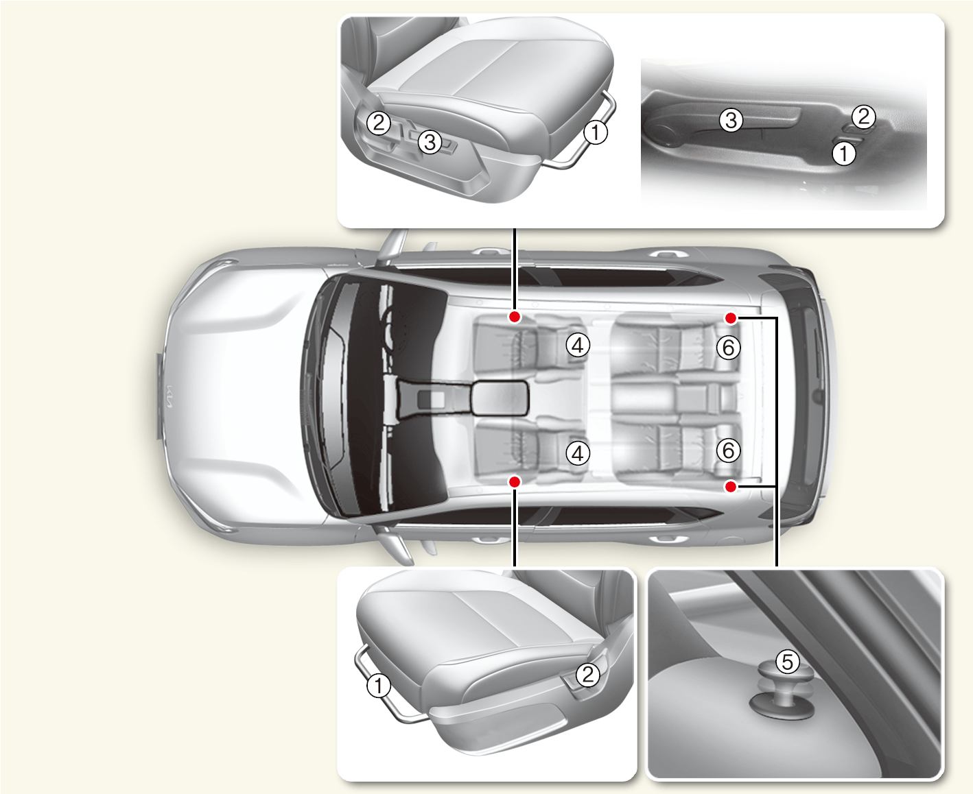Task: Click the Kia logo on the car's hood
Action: [169, 396]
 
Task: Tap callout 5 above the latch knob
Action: [788, 662]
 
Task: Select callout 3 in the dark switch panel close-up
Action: [731, 121]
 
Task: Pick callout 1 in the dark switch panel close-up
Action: [844, 153]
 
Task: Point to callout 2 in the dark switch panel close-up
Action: [864, 116]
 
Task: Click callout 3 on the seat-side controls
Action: [430, 142]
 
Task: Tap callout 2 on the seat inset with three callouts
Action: [378, 123]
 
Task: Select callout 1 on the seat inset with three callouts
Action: [596, 133]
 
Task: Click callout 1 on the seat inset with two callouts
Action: [378, 686]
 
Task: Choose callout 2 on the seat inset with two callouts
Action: [588, 675]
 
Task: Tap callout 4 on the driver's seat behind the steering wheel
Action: [578, 346]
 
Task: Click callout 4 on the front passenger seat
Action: [578, 454]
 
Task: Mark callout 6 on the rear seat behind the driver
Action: [729, 348]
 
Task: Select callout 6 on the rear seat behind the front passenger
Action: [729, 450]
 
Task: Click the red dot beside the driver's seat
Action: [515, 317]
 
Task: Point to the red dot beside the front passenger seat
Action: [515, 482]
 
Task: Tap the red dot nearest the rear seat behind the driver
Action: [731, 318]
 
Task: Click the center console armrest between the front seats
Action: [499, 398]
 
